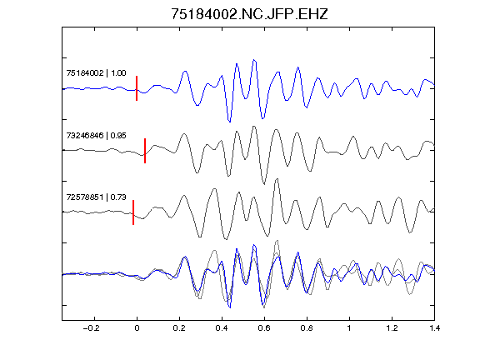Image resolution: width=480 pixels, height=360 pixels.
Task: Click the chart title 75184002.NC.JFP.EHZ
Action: [249, 14]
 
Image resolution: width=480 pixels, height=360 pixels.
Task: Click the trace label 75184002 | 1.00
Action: [96, 73]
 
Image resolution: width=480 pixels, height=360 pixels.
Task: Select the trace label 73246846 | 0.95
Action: [96, 135]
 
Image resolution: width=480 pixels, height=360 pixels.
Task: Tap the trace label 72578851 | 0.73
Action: [96, 197]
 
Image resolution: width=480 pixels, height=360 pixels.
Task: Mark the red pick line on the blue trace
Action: [137, 88]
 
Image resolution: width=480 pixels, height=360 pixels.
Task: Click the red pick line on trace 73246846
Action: [145, 151]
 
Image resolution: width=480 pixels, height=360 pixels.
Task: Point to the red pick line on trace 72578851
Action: [133, 212]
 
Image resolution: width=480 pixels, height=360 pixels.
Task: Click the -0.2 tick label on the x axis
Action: [92, 328]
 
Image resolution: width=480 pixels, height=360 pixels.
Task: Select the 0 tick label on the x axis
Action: [137, 328]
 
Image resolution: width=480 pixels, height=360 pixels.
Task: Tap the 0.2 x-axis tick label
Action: [179, 328]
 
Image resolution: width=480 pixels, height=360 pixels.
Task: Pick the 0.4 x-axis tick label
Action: [222, 328]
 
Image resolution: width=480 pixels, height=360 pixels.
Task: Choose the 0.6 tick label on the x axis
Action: [264, 328]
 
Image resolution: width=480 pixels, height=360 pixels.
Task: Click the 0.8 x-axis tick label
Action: [307, 328]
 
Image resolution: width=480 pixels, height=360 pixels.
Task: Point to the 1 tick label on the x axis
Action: [349, 328]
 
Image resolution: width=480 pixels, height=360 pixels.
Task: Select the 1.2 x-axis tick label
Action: [392, 328]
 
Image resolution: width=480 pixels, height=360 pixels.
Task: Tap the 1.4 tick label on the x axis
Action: [434, 328]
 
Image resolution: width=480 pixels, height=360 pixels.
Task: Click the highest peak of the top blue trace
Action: [254, 60]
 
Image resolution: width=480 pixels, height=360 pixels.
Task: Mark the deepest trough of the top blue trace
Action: [230, 122]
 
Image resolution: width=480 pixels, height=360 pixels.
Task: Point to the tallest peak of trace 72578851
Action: [277, 179]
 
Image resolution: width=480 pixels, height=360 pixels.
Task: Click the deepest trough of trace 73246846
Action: [264, 183]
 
